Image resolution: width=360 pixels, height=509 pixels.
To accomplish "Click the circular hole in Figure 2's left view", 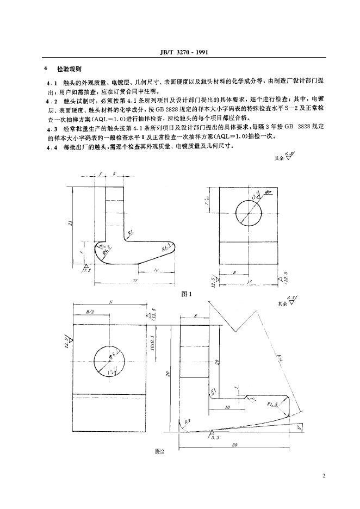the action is click(108, 361).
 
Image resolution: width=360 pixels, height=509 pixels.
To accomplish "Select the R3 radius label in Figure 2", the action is click(187, 421).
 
